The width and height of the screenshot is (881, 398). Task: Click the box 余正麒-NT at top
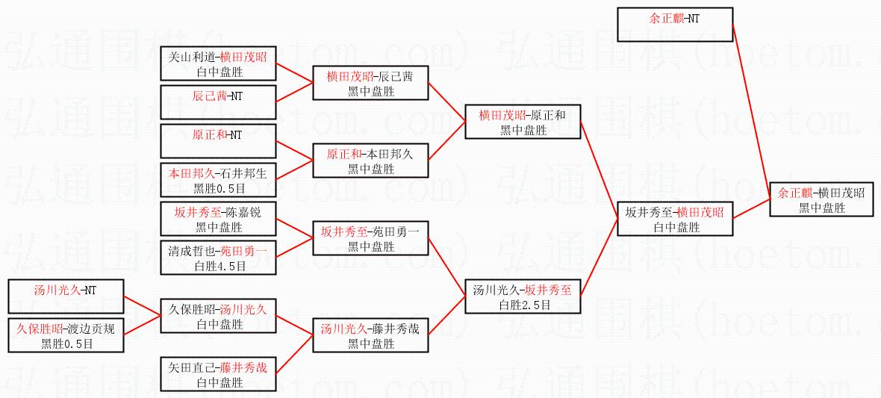coord(674,25)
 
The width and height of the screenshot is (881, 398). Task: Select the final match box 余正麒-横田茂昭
coord(821,199)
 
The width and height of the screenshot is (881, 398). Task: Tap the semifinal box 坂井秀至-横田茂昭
coord(674,219)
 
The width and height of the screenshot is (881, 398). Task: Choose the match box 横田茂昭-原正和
coord(522,122)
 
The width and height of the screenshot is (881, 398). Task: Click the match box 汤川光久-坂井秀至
coord(522,296)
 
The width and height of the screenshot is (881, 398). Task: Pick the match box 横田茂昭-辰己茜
coord(370,83)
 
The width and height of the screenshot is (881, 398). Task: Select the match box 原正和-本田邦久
coord(370,161)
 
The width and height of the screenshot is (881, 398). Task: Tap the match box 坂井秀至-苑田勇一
coord(370,238)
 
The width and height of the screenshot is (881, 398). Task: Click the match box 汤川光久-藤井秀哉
coord(370,335)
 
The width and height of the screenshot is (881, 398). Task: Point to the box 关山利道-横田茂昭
coord(218,63)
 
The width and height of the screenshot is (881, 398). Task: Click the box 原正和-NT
coord(218,141)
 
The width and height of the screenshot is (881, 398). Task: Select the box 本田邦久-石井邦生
coord(218,180)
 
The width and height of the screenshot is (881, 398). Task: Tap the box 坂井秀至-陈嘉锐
coord(218,219)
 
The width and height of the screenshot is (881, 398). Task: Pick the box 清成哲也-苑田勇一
coord(218,258)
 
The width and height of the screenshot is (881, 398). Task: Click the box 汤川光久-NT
coord(66,296)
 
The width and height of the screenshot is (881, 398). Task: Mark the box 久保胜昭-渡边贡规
coord(66,335)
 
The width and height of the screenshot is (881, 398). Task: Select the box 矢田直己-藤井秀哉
coord(218,374)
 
